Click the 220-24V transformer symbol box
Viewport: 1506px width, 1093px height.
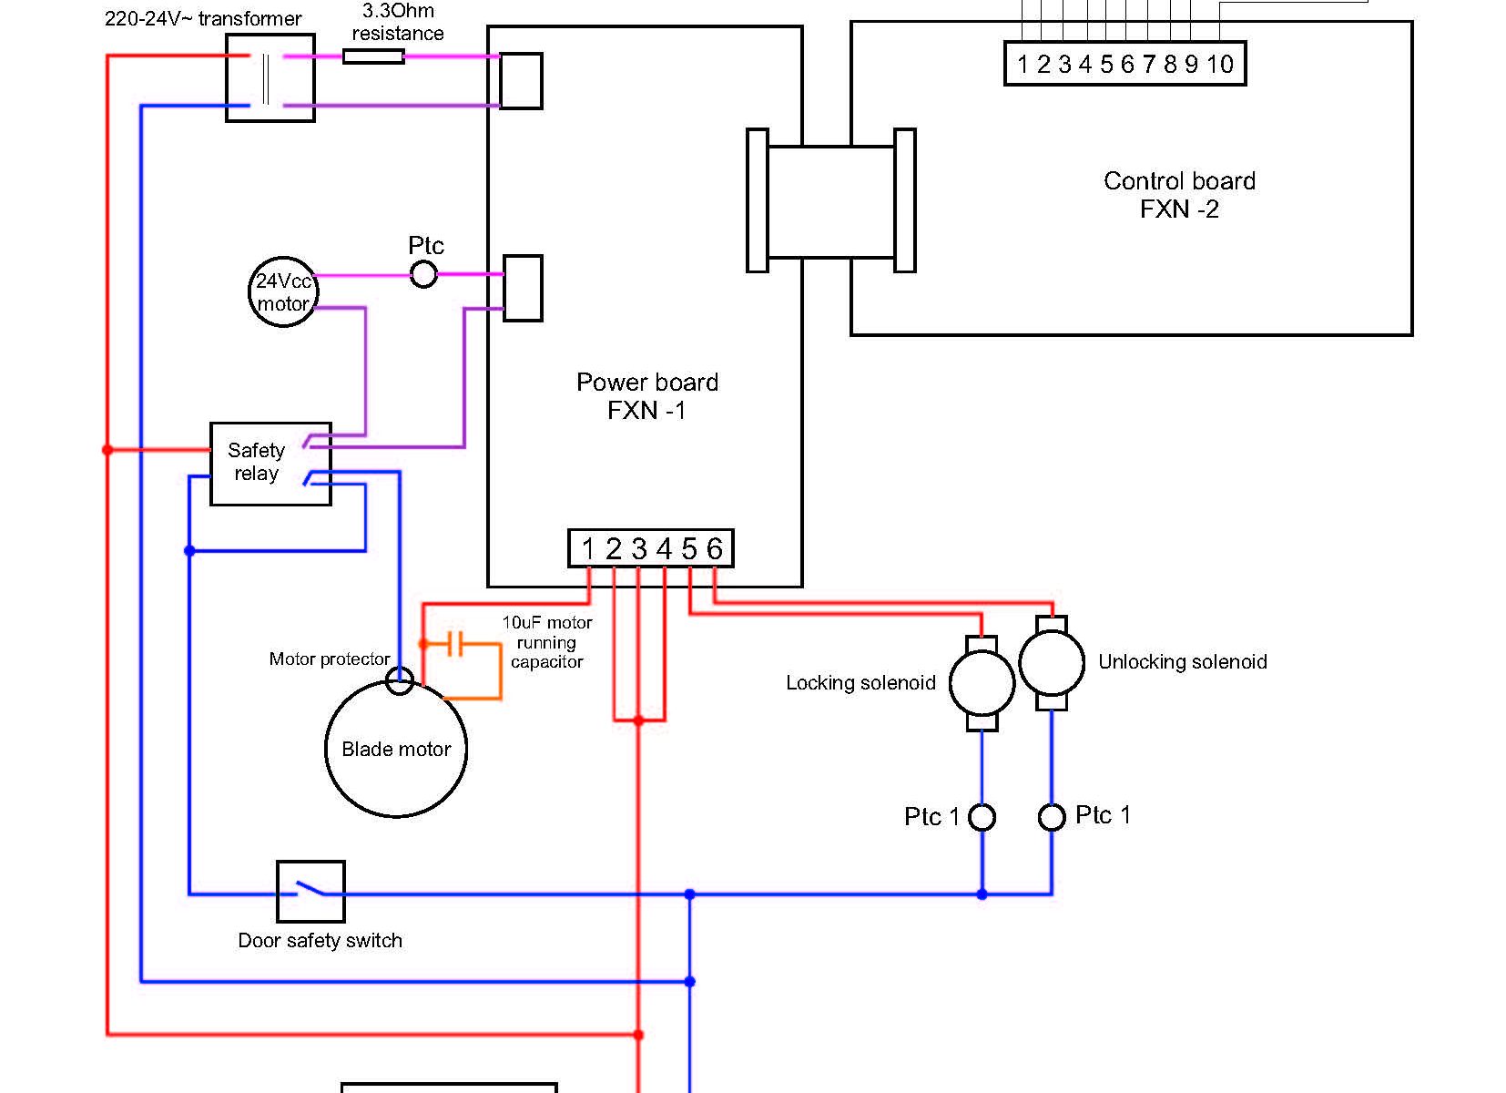(x=270, y=78)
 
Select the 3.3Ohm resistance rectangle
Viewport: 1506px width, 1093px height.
(x=373, y=56)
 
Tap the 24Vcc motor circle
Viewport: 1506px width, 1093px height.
(x=283, y=291)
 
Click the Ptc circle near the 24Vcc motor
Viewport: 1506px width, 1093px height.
(x=423, y=273)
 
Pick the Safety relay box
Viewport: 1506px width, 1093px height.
(x=270, y=464)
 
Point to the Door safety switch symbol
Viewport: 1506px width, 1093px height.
(x=310, y=891)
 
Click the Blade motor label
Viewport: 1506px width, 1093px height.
(x=396, y=750)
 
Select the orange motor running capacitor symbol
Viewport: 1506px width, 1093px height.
(x=456, y=644)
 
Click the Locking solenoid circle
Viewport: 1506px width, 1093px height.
(x=982, y=683)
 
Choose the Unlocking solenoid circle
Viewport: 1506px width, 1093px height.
(x=1052, y=663)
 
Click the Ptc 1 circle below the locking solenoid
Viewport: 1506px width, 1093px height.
(x=982, y=817)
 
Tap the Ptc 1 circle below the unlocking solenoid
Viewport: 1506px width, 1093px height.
(x=1052, y=817)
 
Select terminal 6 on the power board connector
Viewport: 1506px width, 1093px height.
(x=715, y=548)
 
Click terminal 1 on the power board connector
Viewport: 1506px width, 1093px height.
(x=588, y=548)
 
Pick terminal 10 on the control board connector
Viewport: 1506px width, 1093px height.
(x=1220, y=64)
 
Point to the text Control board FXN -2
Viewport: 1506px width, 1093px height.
(x=1179, y=195)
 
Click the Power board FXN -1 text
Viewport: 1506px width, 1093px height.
(x=647, y=396)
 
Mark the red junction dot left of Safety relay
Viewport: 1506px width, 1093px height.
(x=107, y=449)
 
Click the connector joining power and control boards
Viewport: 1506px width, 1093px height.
(x=830, y=201)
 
